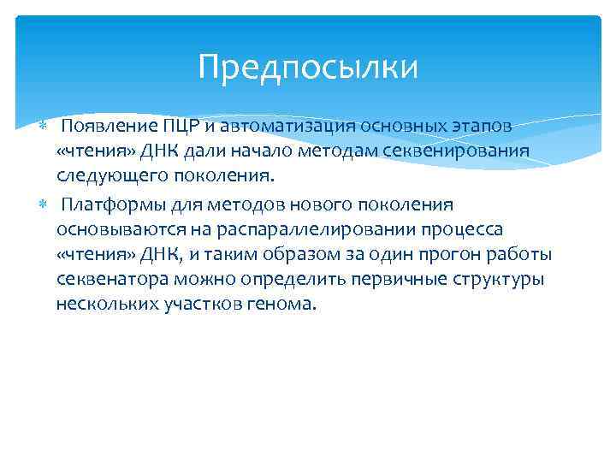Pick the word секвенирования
click(x=458, y=151)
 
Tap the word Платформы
click(x=109, y=205)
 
